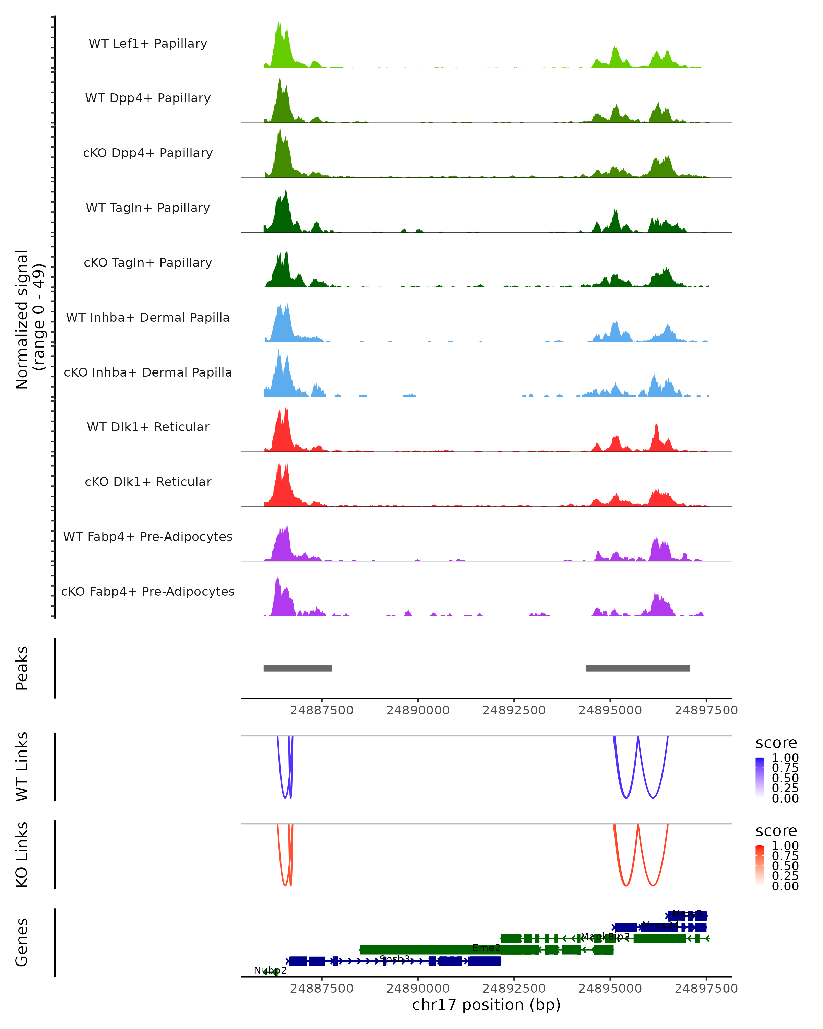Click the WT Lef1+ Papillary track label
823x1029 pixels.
tap(148, 44)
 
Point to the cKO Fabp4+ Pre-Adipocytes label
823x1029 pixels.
tap(148, 591)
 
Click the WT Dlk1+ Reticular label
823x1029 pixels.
tap(148, 427)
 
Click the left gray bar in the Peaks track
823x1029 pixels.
tap(297, 668)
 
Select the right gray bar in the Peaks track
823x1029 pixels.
tap(637, 668)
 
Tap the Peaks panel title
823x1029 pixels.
tap(22, 668)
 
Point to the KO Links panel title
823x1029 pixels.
tap(22, 854)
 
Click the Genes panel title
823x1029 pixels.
tap(22, 942)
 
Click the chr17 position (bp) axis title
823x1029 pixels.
tap(486, 1005)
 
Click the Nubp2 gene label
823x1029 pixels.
tap(270, 970)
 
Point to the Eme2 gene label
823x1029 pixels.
tap(486, 948)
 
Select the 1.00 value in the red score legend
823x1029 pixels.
tap(785, 846)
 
